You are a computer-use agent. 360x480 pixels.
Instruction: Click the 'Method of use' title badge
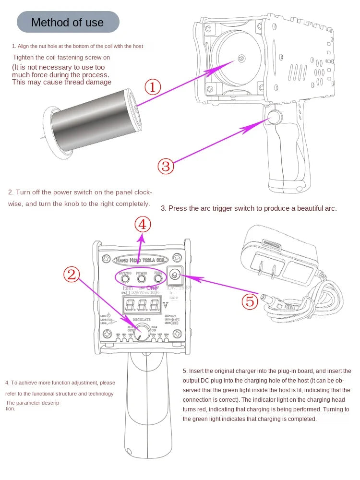pyautogui.click(x=68, y=22)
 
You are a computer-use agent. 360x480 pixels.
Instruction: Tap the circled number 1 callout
pyautogui.click(x=153, y=87)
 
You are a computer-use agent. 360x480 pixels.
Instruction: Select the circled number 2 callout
pyautogui.click(x=71, y=274)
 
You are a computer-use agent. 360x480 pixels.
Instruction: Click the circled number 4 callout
pyautogui.click(x=143, y=225)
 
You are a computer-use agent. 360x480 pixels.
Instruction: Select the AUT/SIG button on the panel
pyautogui.click(x=125, y=278)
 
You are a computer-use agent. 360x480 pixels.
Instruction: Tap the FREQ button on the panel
pyautogui.click(x=158, y=278)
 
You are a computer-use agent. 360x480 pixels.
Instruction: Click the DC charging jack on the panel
pyautogui.click(x=174, y=275)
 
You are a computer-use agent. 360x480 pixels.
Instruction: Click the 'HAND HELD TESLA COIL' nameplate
pyautogui.click(x=142, y=260)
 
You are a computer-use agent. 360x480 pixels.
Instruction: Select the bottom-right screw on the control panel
pyautogui.click(x=177, y=333)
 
